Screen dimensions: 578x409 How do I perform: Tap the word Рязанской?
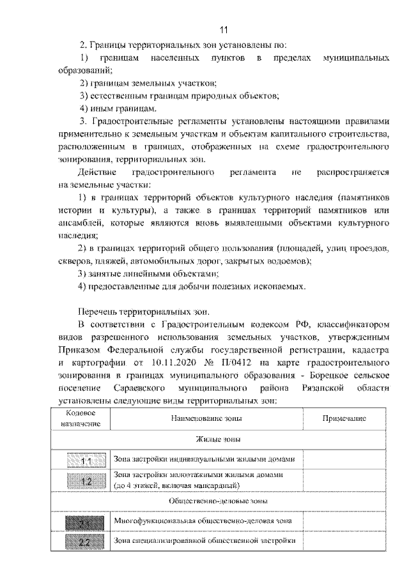click(323, 388)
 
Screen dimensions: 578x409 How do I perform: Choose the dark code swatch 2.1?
click(87, 522)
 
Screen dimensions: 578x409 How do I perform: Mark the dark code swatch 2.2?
click(87, 542)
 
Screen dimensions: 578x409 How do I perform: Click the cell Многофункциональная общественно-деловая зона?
click(203, 521)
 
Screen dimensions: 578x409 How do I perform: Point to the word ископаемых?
click(276, 286)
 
